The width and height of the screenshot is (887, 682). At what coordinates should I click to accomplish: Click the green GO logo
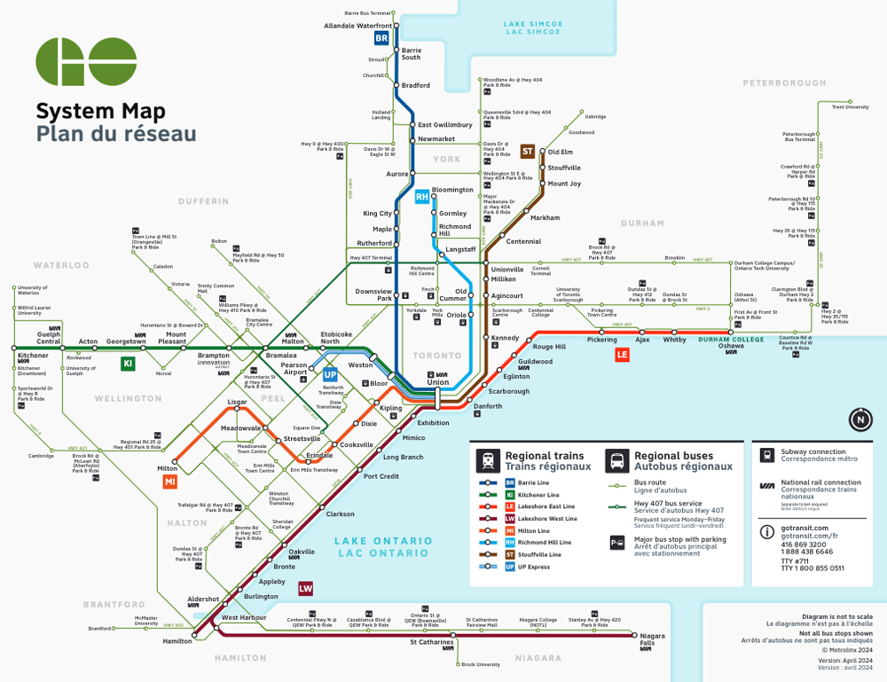tap(86, 62)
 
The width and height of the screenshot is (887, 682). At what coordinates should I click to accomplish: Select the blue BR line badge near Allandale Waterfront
tap(381, 38)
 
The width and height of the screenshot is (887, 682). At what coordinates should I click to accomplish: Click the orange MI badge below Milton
tap(170, 481)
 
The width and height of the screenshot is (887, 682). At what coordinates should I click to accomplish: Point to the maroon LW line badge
tap(306, 588)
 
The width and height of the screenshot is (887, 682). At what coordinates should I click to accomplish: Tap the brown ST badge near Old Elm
tap(527, 152)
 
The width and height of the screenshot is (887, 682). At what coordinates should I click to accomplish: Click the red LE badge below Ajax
tap(623, 355)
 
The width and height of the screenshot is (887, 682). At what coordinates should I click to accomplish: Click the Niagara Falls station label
tap(653, 640)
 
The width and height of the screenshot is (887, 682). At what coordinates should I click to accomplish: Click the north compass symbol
tap(860, 419)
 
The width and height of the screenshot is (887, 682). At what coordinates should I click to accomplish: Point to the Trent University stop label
tap(850, 107)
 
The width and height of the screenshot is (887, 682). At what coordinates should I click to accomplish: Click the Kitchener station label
tap(33, 356)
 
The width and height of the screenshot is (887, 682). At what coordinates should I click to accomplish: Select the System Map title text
tap(99, 112)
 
